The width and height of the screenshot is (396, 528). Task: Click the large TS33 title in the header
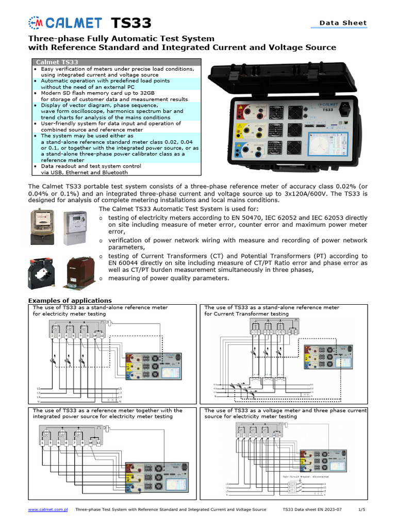click(131, 23)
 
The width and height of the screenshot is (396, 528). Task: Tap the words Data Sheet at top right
click(343, 23)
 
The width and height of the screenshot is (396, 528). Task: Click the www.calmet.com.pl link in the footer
click(48, 509)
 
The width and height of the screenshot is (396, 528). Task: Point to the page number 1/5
click(361, 509)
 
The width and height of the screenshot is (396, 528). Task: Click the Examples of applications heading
click(70, 300)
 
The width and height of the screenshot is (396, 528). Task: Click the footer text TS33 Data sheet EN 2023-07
click(312, 509)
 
